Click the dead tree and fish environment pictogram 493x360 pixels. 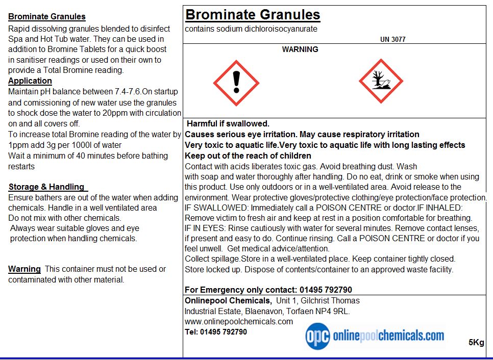click(x=381, y=81)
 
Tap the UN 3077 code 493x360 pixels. click(x=393, y=39)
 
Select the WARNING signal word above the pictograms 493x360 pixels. click(x=300, y=49)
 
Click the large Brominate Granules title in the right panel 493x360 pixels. click(x=253, y=14)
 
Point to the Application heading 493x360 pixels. click(x=30, y=81)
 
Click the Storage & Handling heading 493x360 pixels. click(x=46, y=187)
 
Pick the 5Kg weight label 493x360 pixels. click(x=476, y=342)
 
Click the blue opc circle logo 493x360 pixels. click(x=317, y=336)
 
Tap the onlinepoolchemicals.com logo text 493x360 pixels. click(x=388, y=336)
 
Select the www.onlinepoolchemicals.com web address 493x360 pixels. click(x=239, y=321)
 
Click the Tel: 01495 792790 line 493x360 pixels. click(x=216, y=332)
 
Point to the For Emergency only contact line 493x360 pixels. click(x=268, y=290)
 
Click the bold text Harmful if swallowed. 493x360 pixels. click(x=228, y=123)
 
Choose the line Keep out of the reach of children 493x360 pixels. click(x=248, y=156)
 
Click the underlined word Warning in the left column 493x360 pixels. click(x=24, y=269)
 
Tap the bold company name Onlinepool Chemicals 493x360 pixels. click(x=228, y=300)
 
